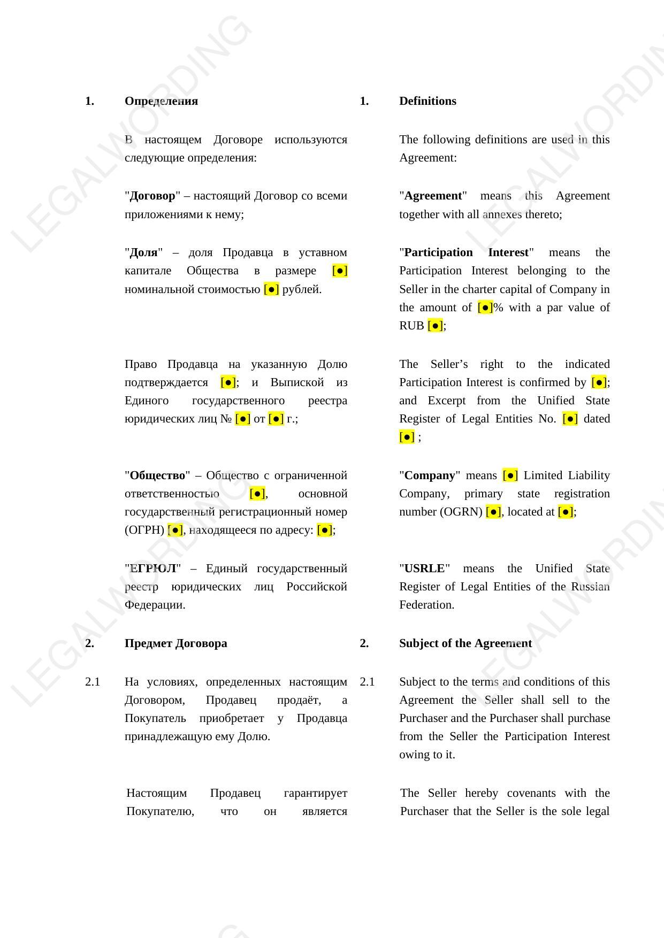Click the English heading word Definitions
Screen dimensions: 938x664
pos(428,101)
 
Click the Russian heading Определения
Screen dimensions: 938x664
pos(161,101)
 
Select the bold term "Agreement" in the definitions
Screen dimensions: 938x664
pos(433,196)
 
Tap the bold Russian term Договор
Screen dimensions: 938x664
pos(152,196)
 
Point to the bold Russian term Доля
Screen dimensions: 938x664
pos(143,252)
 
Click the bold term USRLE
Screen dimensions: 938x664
pos(424,568)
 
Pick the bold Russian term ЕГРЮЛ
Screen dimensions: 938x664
pos(153,568)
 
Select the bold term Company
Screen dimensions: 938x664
pos(430,475)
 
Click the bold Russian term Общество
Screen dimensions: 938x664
pos(157,475)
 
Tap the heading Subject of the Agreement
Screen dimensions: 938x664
pos(465,643)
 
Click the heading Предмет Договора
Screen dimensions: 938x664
pos(175,643)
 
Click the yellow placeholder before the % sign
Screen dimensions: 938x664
pos(485,307)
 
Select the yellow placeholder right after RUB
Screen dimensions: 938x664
pos(435,326)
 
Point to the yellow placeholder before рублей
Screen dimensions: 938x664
pos(271,289)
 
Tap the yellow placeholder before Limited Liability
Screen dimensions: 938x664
pos(510,475)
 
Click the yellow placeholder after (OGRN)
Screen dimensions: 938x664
pos(493,512)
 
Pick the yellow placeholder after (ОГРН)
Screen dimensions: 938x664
pos(175,530)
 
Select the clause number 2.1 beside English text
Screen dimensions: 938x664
pos(367,682)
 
